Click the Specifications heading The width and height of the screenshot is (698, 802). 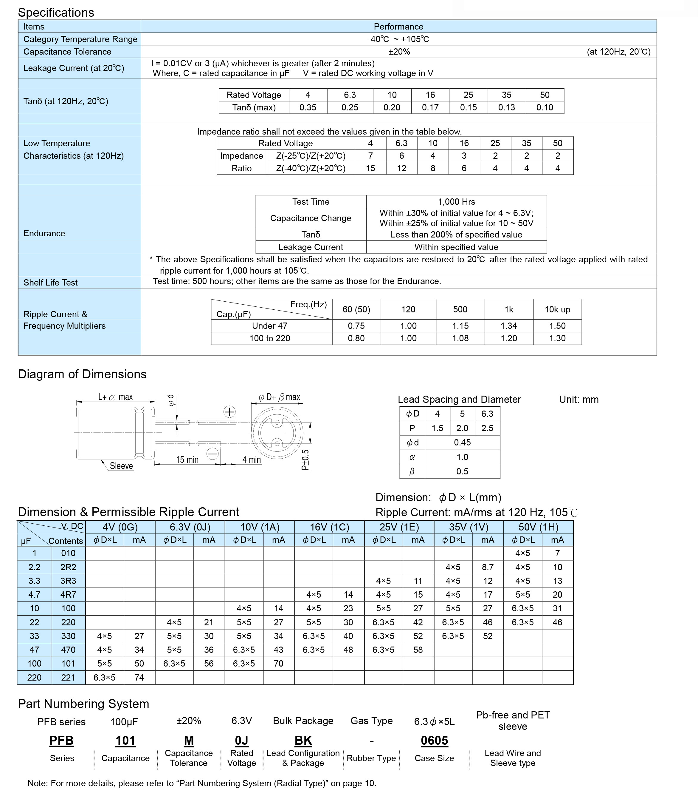[x=56, y=13]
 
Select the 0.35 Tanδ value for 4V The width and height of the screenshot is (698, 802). [x=308, y=108]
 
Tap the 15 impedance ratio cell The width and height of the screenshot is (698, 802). [x=370, y=169]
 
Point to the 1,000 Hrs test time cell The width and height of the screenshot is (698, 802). [x=457, y=202]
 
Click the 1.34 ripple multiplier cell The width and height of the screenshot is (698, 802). [x=509, y=326]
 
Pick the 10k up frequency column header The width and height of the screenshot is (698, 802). [x=557, y=310]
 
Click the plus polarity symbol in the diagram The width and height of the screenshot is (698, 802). [x=229, y=412]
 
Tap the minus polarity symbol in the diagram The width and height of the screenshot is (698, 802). [x=212, y=454]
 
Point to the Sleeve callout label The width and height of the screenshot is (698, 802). [x=121, y=466]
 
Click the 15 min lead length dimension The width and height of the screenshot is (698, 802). [x=187, y=460]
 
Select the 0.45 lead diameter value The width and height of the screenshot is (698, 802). [x=462, y=442]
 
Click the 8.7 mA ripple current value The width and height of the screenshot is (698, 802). [x=488, y=567]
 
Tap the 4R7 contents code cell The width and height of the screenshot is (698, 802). [x=68, y=595]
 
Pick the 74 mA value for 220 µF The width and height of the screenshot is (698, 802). [x=139, y=678]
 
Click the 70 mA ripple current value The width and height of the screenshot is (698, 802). [x=278, y=664]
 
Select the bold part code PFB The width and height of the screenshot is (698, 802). [x=61, y=741]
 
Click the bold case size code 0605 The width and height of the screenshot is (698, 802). [x=434, y=741]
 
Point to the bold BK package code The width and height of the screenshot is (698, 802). [x=303, y=741]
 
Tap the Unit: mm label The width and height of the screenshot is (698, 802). [x=579, y=399]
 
